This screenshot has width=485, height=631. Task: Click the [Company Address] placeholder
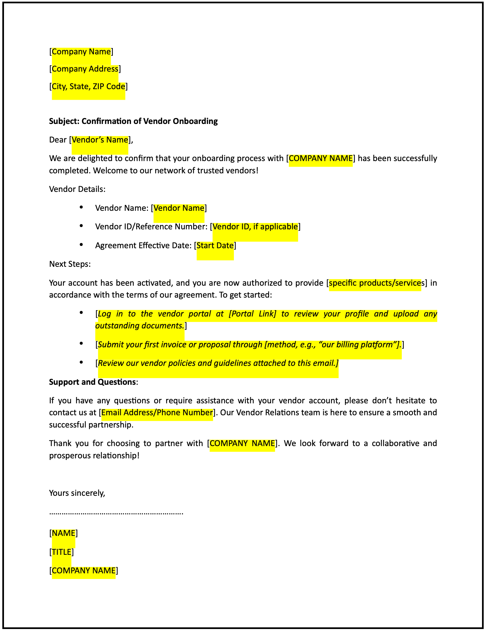[85, 69]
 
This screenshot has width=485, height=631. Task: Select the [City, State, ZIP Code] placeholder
[89, 86]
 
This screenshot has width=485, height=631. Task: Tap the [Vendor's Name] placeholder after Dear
[100, 140]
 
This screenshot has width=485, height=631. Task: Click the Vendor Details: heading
[77, 189]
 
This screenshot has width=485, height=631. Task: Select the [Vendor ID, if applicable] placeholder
[255, 227]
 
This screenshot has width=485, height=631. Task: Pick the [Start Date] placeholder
[215, 246]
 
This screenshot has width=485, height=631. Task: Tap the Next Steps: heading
[70, 264]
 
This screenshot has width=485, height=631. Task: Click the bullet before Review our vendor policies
[81, 362]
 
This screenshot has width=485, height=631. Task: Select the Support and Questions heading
[92, 382]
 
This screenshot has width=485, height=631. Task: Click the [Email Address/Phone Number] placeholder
[157, 413]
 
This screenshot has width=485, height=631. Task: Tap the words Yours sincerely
[77, 493]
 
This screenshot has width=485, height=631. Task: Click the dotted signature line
[116, 513]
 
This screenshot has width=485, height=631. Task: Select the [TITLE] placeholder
[62, 552]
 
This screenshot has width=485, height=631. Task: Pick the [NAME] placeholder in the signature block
[64, 533]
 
